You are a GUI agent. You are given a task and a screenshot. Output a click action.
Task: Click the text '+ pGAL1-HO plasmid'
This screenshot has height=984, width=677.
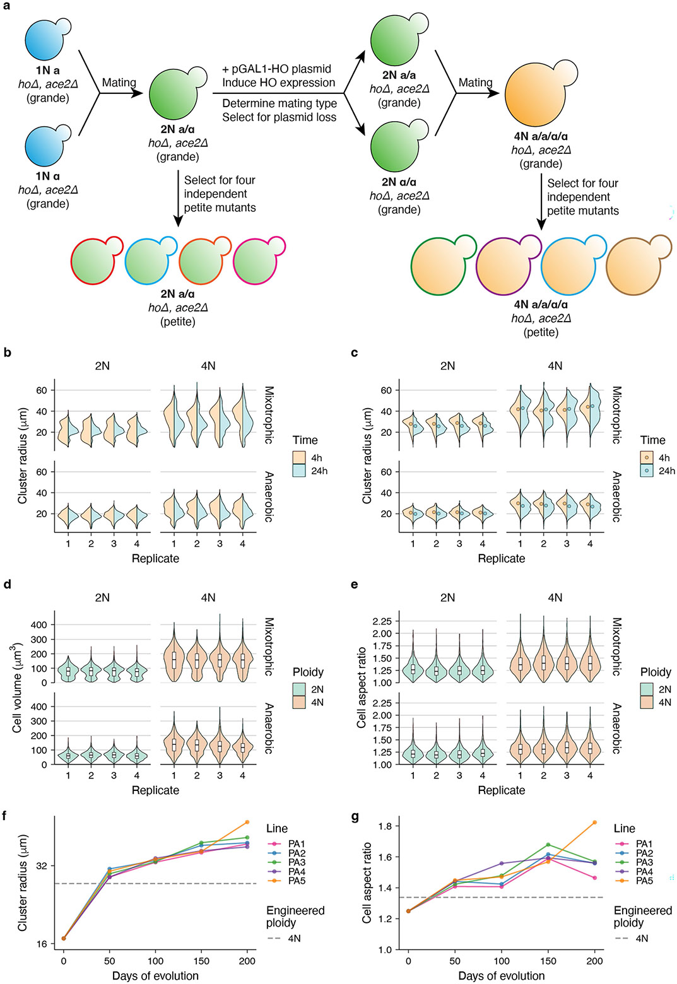(276, 69)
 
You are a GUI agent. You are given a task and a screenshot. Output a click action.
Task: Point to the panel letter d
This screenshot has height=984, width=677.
(7, 585)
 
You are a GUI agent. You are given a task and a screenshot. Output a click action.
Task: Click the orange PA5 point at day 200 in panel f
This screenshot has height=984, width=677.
(247, 822)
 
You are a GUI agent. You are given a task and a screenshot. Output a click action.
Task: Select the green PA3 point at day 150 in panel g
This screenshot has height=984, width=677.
(548, 844)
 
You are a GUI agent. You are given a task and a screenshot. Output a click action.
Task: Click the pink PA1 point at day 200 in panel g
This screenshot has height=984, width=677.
(595, 877)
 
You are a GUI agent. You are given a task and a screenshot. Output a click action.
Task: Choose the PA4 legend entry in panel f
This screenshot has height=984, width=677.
(297, 872)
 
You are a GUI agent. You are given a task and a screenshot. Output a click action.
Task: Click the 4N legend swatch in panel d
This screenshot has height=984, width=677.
(298, 702)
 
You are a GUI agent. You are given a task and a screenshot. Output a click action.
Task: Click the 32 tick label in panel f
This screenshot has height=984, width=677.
(42, 866)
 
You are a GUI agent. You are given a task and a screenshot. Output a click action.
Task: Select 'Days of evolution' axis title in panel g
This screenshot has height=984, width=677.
(502, 976)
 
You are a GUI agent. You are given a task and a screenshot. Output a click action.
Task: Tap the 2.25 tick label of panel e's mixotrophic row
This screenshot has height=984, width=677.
(387, 621)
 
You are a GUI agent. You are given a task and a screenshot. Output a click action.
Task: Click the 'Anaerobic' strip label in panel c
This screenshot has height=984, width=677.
(616, 496)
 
